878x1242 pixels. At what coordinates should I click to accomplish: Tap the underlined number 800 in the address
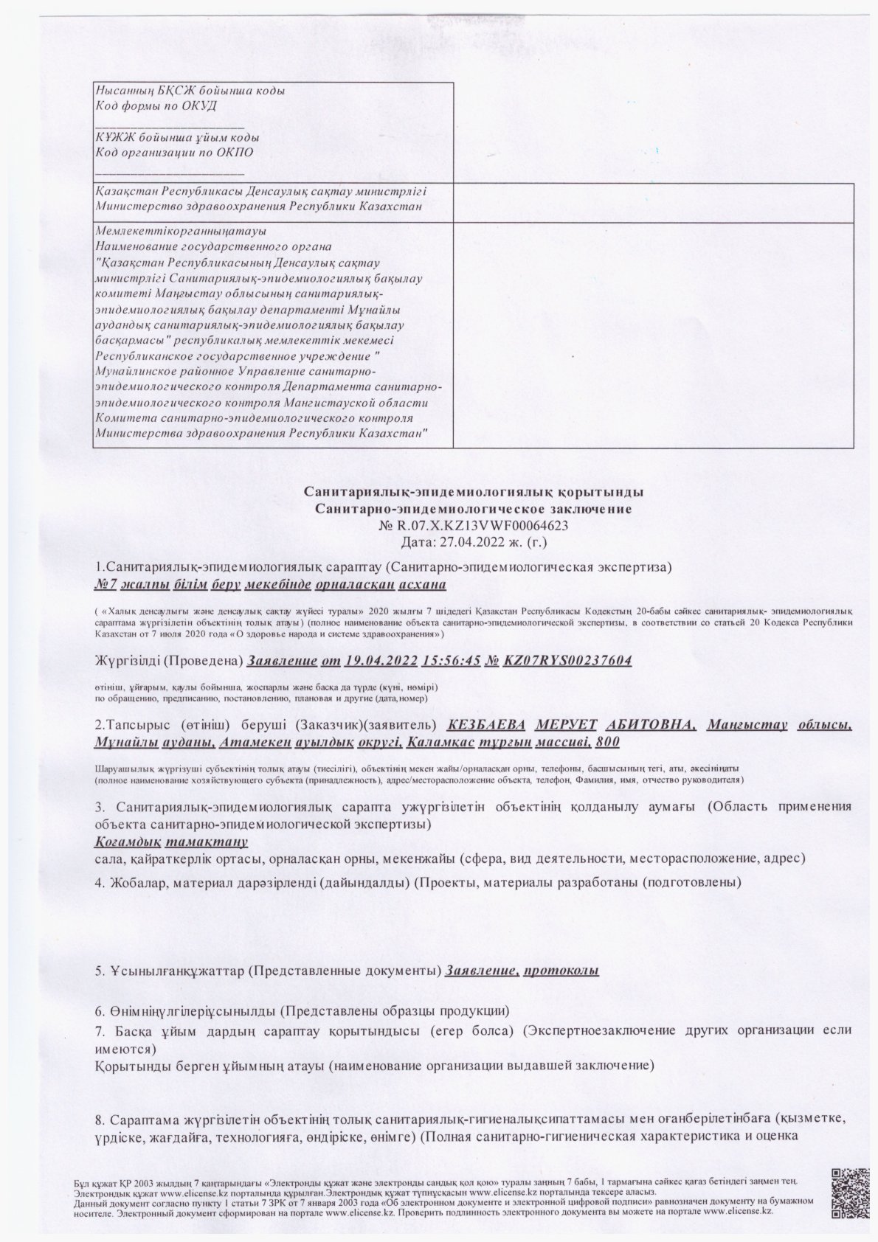tap(607, 740)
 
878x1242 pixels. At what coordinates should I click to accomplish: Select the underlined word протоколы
tap(561, 970)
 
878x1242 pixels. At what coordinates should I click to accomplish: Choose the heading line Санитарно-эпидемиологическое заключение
tap(473, 509)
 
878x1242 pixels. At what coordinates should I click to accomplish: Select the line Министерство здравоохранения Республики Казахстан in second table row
tap(259, 206)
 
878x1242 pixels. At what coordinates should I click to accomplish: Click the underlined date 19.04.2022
tap(380, 660)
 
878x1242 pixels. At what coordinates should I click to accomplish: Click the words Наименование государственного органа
tap(214, 246)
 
